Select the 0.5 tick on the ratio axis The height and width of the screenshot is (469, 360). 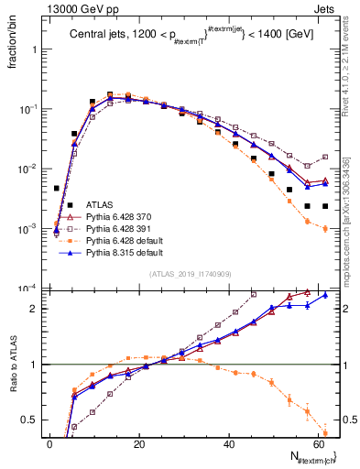click(x=35, y=420)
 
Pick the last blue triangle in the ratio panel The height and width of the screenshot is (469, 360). click(x=325, y=296)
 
